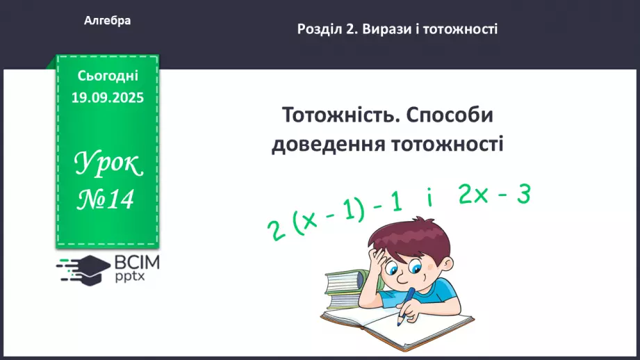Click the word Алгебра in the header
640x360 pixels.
[108, 21]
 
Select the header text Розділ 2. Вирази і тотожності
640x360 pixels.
[397, 29]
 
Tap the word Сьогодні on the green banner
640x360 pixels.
[108, 76]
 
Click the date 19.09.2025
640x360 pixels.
[108, 98]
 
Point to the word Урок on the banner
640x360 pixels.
[108, 164]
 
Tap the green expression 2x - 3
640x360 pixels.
[495, 196]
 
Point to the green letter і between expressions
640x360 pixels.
[431, 202]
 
